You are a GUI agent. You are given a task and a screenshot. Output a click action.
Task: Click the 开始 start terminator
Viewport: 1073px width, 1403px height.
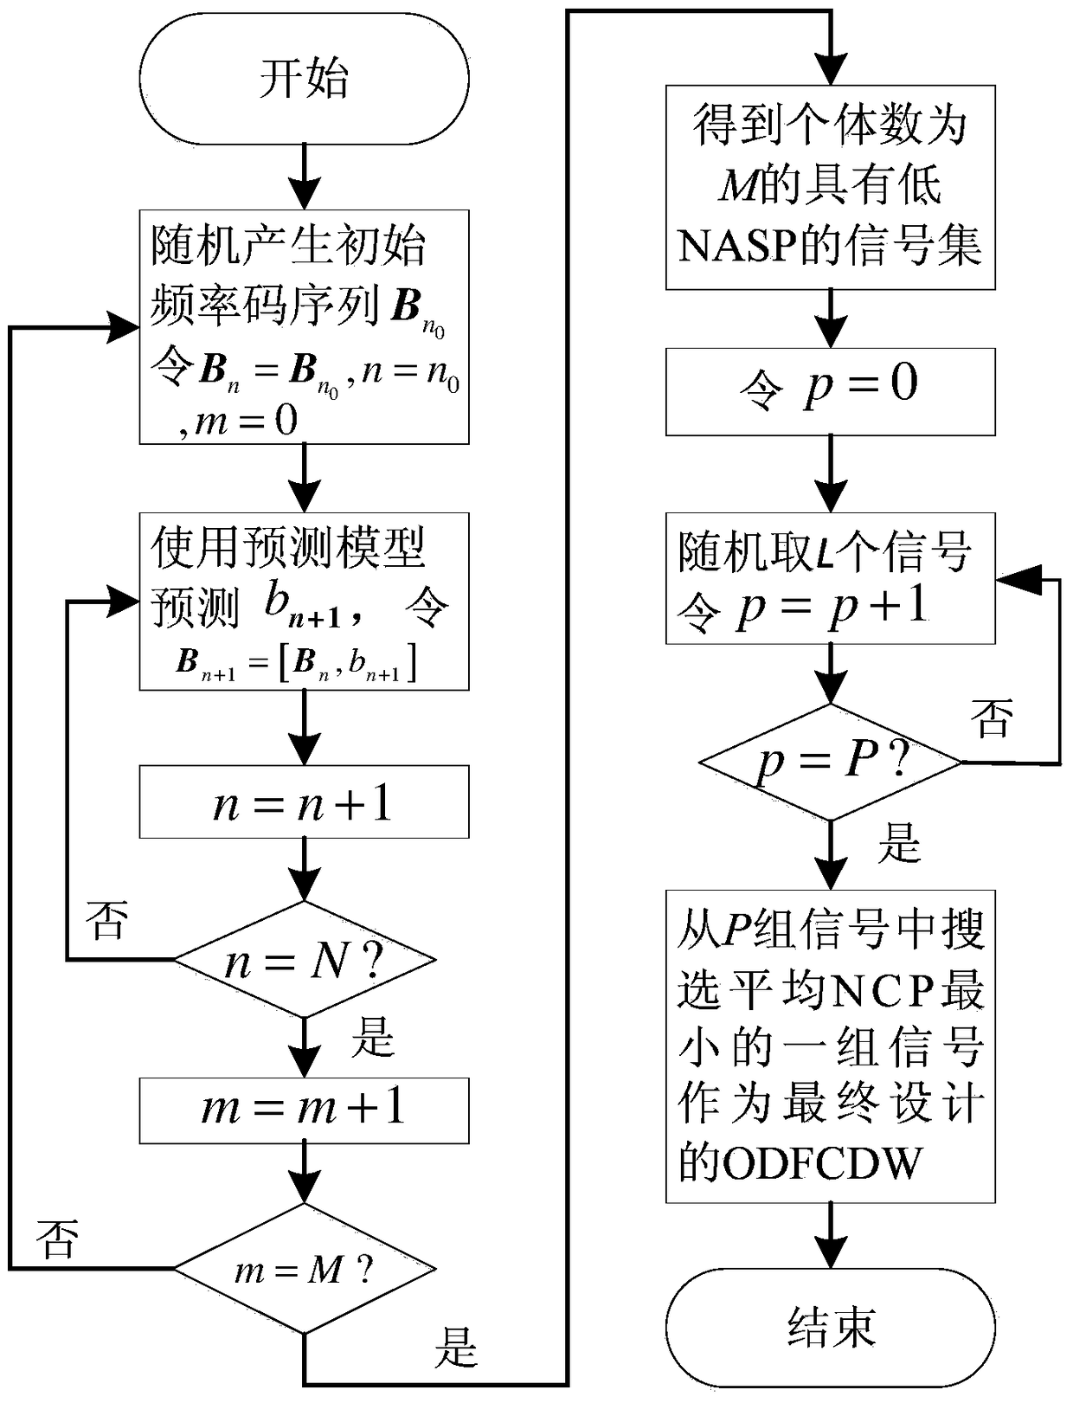click(x=304, y=79)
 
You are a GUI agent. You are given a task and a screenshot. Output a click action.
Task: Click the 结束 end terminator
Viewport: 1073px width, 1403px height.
click(x=830, y=1327)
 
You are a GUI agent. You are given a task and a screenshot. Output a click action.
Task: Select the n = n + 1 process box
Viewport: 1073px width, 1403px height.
click(x=304, y=802)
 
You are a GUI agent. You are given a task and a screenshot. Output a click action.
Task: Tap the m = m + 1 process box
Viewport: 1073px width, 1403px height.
click(x=304, y=1110)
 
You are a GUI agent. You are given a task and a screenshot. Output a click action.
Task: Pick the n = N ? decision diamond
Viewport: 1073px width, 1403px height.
click(x=305, y=959)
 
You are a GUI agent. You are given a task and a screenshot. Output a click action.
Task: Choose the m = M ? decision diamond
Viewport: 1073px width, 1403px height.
click(x=305, y=1269)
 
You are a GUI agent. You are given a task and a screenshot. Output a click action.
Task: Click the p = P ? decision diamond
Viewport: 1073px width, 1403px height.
click(x=830, y=763)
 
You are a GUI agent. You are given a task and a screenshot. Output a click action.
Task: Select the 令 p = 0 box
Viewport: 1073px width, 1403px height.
click(x=830, y=391)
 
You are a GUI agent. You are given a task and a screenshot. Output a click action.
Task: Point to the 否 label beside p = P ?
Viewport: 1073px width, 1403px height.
click(x=992, y=718)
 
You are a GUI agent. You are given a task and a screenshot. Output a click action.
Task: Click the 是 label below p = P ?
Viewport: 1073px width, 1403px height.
click(x=899, y=841)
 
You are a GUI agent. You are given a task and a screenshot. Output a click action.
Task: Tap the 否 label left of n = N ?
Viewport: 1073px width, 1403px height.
click(x=107, y=920)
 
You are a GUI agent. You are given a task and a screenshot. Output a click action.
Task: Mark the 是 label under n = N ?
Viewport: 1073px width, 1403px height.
click(x=372, y=1035)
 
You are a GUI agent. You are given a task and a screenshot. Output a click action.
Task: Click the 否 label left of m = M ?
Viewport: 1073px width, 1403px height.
click(x=58, y=1239)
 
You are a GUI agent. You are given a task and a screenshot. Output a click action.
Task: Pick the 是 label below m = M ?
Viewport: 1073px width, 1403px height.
click(x=456, y=1347)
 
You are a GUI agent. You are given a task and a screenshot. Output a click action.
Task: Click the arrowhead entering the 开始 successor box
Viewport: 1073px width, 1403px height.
click(x=304, y=195)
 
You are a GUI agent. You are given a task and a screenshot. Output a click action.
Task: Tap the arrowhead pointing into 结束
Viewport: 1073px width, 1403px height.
click(x=830, y=1257)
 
